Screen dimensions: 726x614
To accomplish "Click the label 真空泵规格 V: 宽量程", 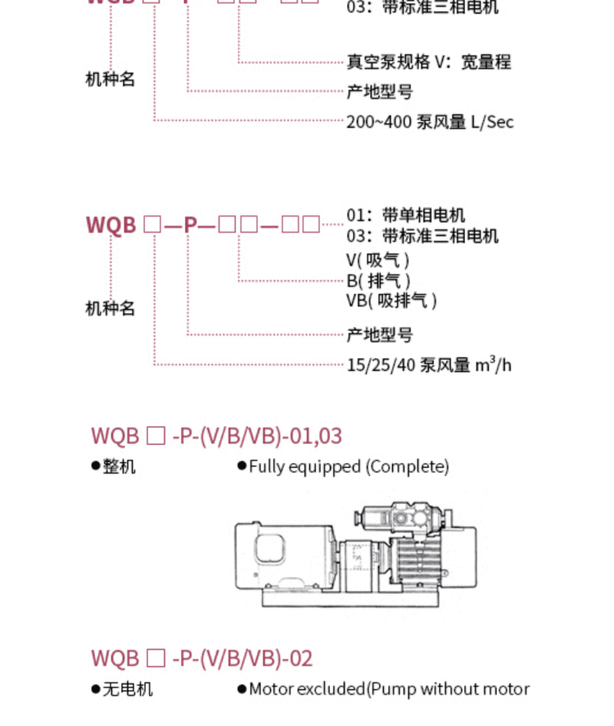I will coord(428,61).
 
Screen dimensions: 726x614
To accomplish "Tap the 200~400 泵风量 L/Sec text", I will coord(430,122).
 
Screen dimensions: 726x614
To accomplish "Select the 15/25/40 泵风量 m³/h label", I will coord(429,365).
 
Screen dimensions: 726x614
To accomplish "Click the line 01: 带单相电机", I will coord(405,215).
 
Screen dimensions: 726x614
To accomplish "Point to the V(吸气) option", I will coord(377,261).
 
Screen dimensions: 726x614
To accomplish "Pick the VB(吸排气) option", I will coord(391,301).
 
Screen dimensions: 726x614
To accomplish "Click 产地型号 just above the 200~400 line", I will coord(380,91).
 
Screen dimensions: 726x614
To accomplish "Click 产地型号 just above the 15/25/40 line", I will coord(380,334).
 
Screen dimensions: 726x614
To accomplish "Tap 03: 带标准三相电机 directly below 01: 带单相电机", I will coord(422,236).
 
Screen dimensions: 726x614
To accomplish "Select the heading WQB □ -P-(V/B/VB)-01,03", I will coord(216,435).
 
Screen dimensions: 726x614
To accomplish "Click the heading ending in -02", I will coord(201,658).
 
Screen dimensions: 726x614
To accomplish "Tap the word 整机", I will coord(119,467).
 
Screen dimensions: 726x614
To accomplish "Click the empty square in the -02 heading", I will coord(156,658).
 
